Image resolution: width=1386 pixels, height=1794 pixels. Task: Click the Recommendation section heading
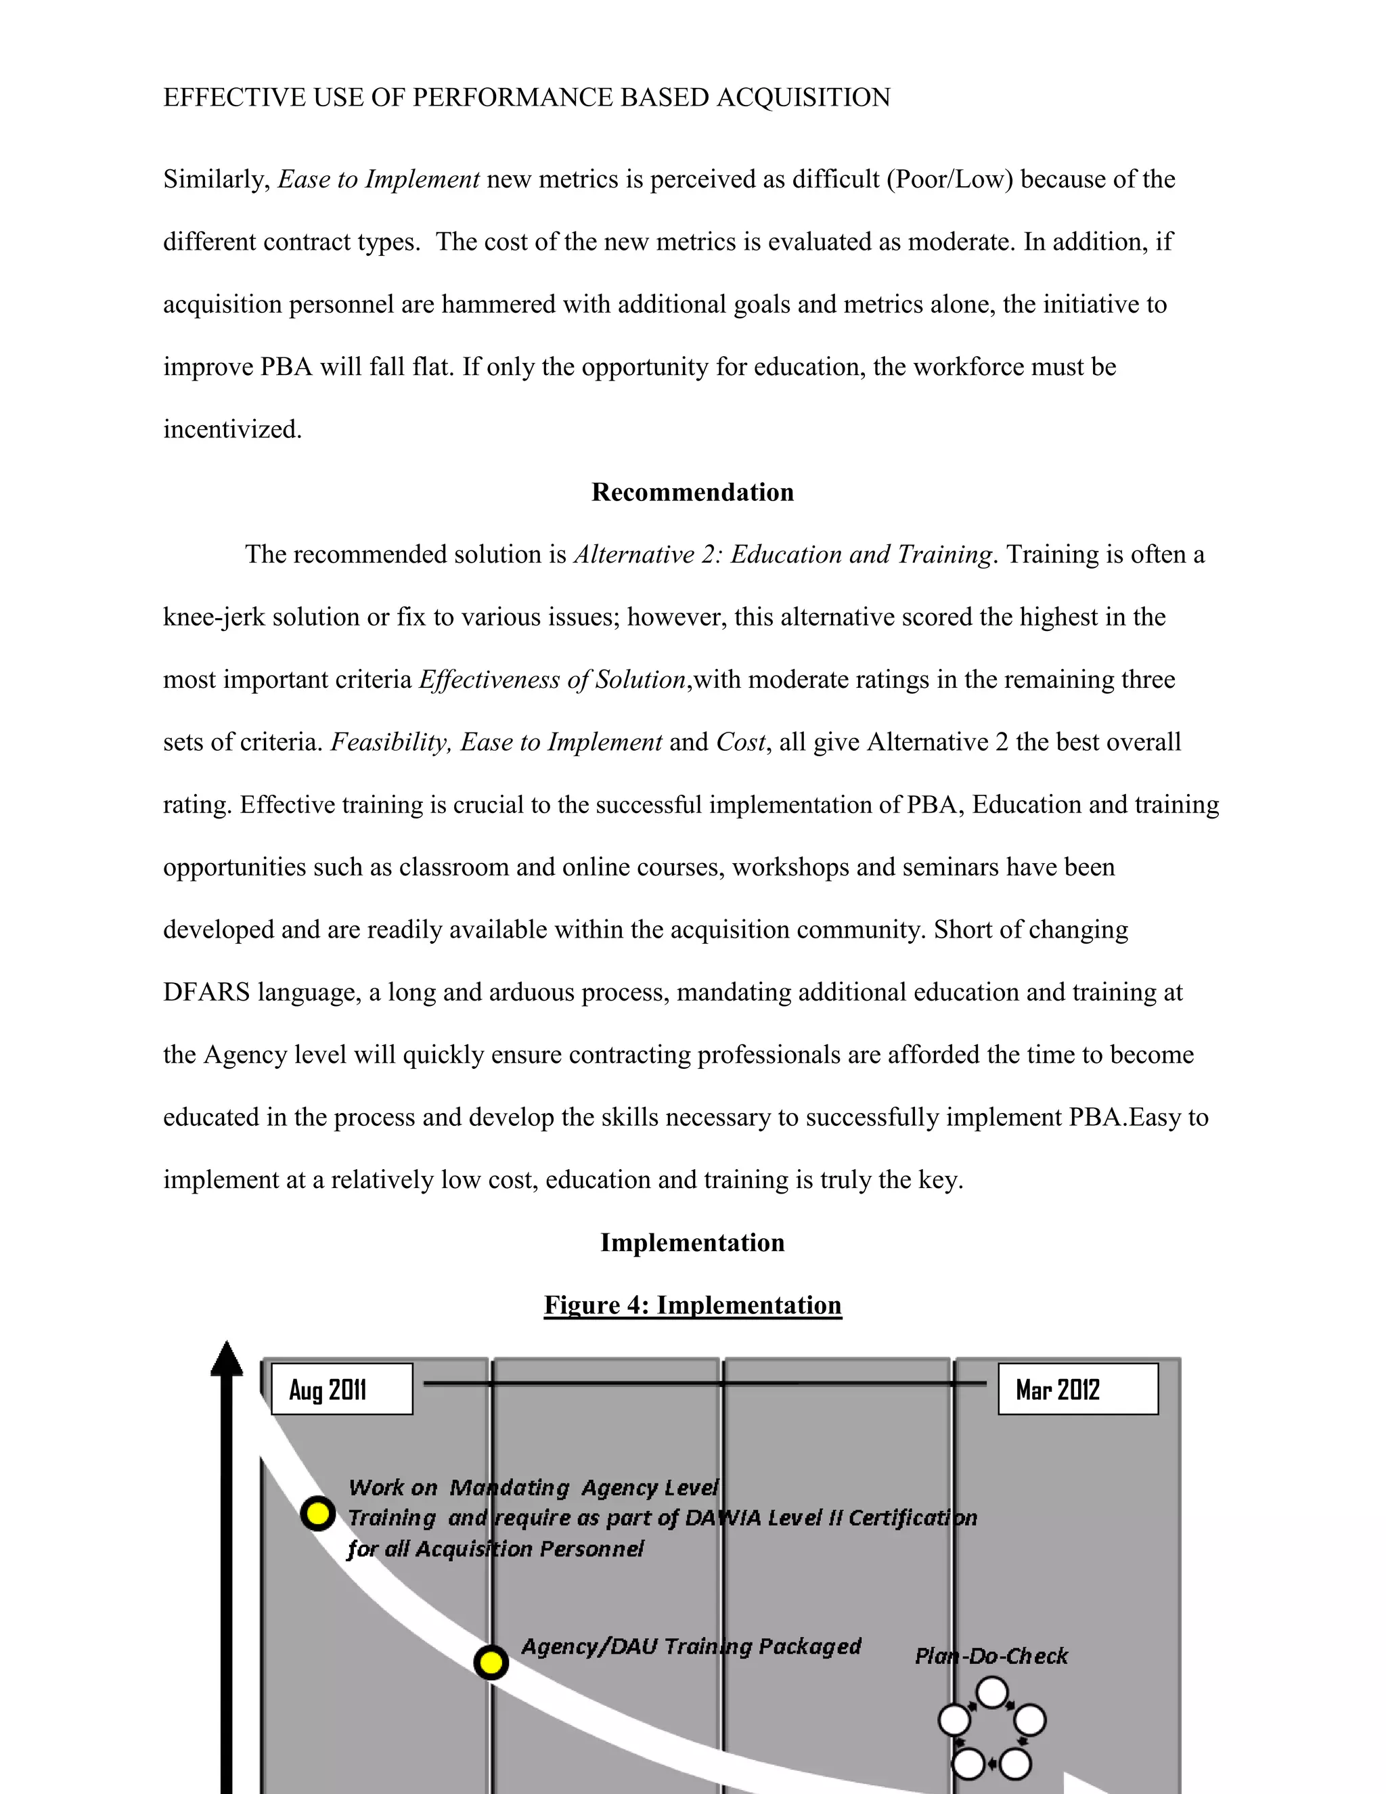(x=692, y=492)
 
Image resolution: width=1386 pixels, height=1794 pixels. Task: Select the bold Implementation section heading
(x=692, y=1242)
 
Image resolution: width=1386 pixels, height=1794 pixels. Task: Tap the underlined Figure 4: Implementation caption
(x=692, y=1305)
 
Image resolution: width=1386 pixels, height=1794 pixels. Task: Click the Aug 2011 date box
(x=342, y=1389)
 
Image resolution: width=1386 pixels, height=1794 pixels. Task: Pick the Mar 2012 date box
(x=1077, y=1389)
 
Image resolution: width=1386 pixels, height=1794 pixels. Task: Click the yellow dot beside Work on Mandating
(x=318, y=1513)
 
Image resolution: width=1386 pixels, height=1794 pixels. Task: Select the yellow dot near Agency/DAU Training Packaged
(x=491, y=1663)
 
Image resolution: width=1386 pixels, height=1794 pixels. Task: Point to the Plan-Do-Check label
(x=991, y=1656)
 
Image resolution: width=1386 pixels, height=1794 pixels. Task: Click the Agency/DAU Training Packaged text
(x=690, y=1646)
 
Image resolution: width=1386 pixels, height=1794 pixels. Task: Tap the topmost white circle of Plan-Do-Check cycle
(x=992, y=1693)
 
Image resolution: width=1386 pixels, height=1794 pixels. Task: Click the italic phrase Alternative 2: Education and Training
(x=782, y=554)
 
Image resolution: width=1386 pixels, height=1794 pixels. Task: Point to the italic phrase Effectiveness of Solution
(x=552, y=680)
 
